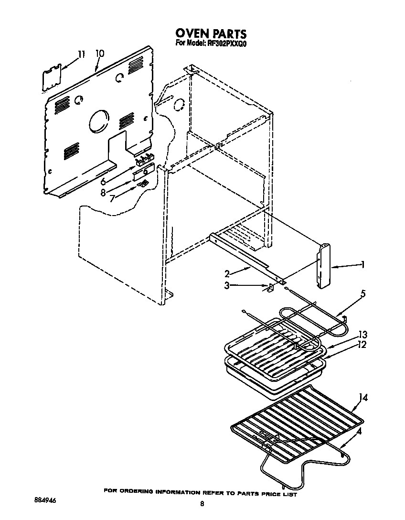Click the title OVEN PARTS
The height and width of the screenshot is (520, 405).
pyautogui.click(x=211, y=33)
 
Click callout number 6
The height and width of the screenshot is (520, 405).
pyautogui.click(x=103, y=182)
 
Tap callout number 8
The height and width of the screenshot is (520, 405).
pyautogui.click(x=103, y=193)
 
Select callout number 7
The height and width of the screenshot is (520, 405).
pyautogui.click(x=113, y=198)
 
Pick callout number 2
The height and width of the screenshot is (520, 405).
pyautogui.click(x=227, y=274)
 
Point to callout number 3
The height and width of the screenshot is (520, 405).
pyautogui.click(x=227, y=285)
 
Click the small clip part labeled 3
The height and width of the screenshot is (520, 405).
pyautogui.click(x=270, y=288)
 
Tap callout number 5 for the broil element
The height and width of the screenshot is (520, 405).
pyautogui.click(x=362, y=294)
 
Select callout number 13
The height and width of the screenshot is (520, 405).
pyautogui.click(x=362, y=335)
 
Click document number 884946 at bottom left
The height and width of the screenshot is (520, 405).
pyautogui.click(x=45, y=500)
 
